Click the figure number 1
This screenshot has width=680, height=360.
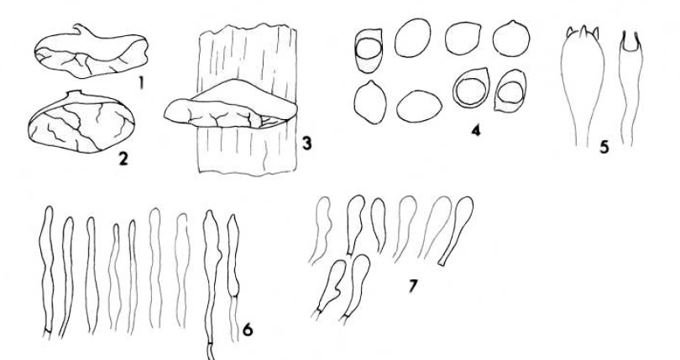(140, 83)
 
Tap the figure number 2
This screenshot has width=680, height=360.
(123, 159)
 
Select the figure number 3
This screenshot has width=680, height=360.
(306, 143)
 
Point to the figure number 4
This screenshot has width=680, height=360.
(476, 130)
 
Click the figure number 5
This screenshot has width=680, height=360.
(604, 148)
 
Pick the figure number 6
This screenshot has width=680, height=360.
(247, 330)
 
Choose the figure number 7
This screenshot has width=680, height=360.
(412, 286)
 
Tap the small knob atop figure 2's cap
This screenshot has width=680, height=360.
(76, 93)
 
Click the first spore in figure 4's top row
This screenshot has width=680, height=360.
(369, 50)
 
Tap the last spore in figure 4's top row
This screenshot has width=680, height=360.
(511, 39)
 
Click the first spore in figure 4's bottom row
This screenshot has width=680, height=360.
(370, 102)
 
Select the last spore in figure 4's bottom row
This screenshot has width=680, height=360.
(510, 91)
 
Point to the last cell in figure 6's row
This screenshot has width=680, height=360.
(233, 278)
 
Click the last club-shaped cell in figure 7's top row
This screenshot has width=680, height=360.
(456, 230)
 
